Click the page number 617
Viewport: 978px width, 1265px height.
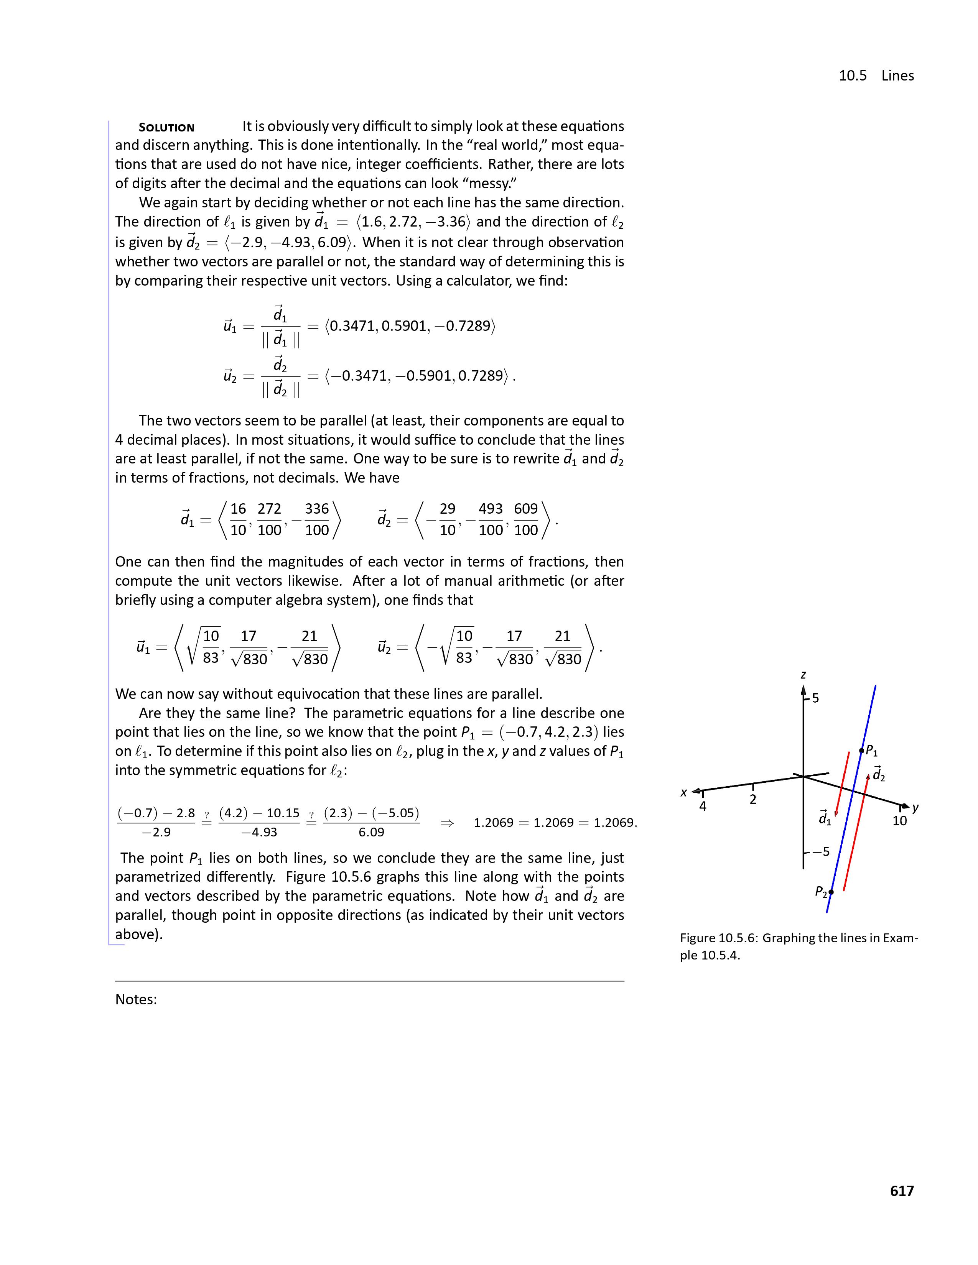click(x=902, y=1191)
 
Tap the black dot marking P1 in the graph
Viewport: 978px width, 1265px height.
click(x=861, y=751)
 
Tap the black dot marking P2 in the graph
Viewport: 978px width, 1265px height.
click(x=831, y=892)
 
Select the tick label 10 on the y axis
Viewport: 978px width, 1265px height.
click(x=899, y=821)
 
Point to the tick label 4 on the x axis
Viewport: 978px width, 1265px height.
click(x=703, y=806)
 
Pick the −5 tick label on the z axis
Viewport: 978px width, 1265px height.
click(x=820, y=851)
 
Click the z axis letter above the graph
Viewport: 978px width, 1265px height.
click(x=803, y=675)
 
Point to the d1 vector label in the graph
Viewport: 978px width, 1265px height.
click(x=825, y=818)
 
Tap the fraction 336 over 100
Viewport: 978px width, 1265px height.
click(x=316, y=519)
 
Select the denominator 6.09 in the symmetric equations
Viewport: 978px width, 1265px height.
click(x=371, y=832)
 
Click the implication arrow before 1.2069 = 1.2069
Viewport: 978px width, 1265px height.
click(x=447, y=823)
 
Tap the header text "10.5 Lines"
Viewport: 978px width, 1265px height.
click(x=876, y=76)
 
